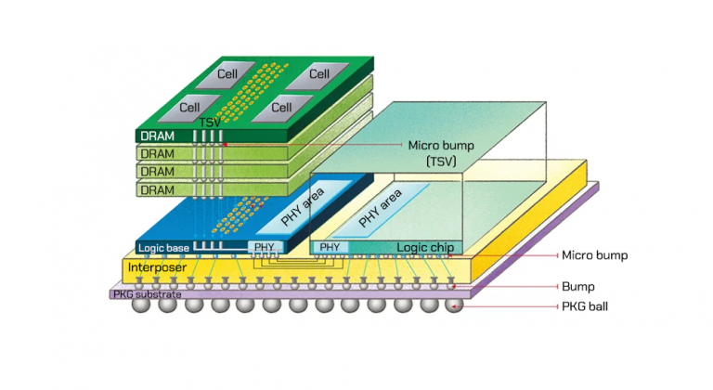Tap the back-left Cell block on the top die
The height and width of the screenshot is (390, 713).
[x=227, y=72]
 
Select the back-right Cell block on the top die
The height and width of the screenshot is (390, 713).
[x=318, y=73]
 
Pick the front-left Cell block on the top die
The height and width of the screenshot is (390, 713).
[x=190, y=107]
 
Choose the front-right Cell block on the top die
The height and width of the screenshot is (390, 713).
[x=282, y=108]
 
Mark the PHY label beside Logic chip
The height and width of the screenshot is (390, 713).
[x=329, y=248]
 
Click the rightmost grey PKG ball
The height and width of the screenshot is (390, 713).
[x=453, y=305]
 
